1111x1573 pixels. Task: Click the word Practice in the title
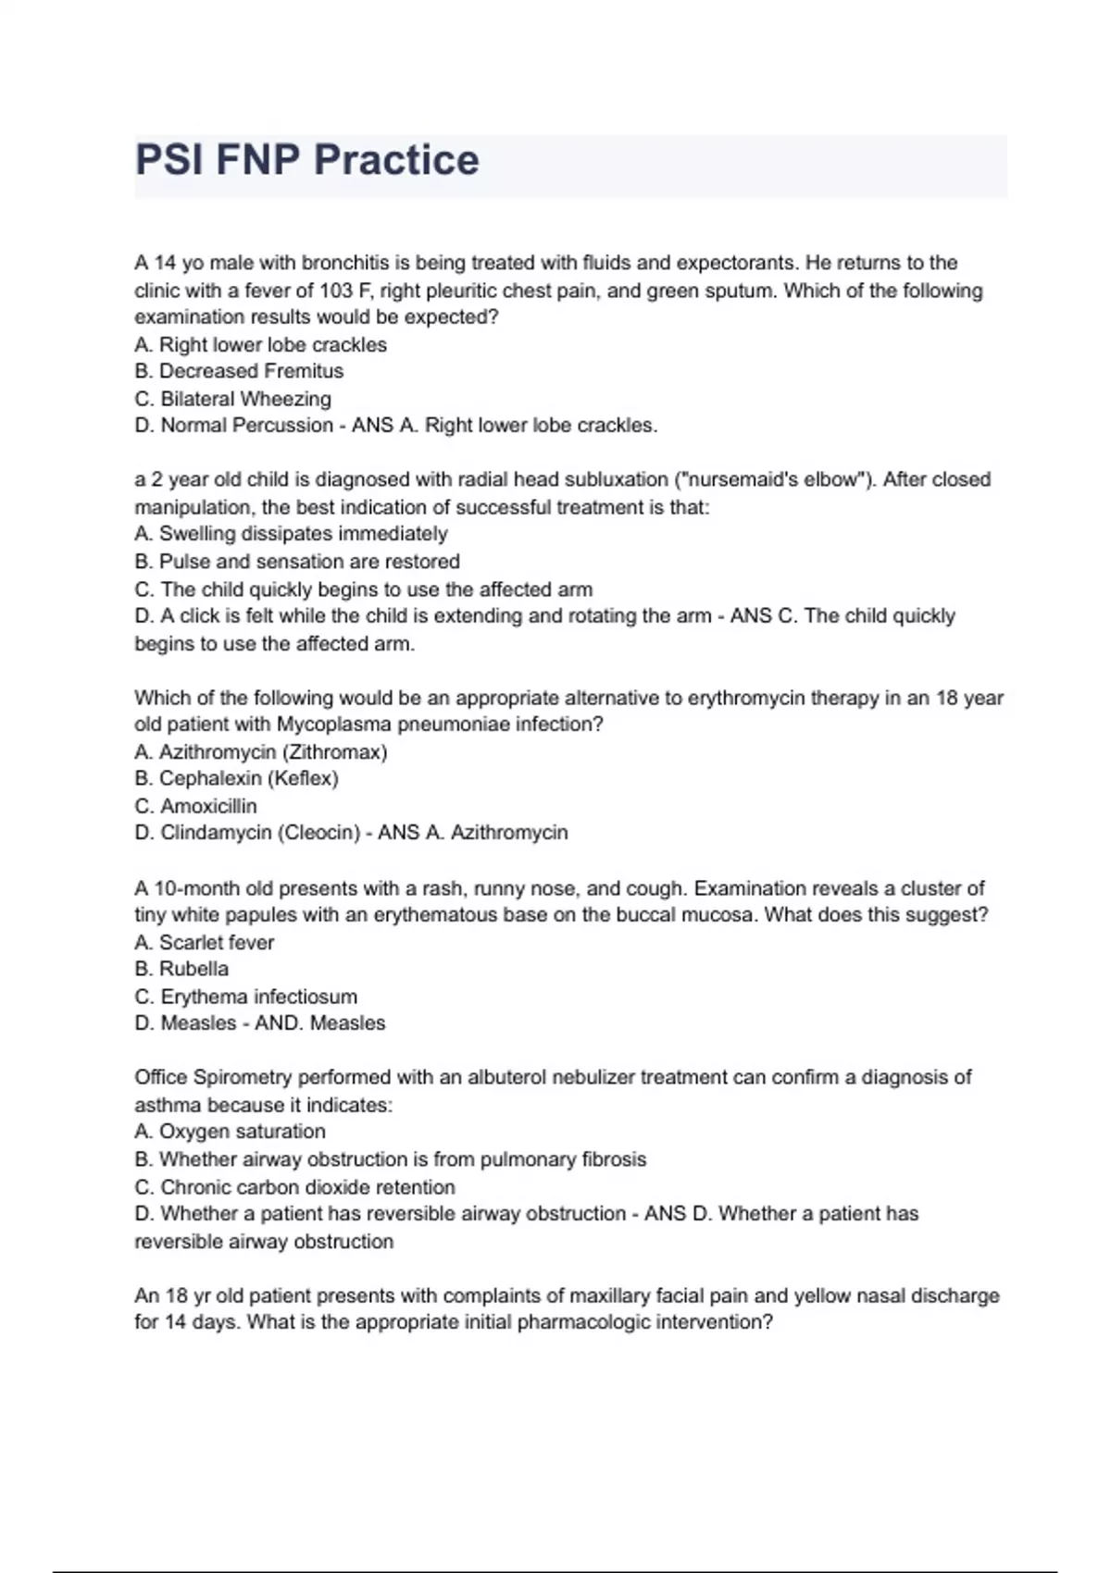pos(396,160)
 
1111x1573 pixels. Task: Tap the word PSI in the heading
pos(169,160)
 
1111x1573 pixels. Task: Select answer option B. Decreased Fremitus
pos(239,371)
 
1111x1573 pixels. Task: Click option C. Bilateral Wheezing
pos(232,399)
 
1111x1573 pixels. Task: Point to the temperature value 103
pos(335,291)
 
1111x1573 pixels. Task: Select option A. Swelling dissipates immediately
pos(291,534)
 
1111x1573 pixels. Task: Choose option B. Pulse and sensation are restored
pos(296,562)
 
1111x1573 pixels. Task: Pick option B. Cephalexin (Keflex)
pos(236,778)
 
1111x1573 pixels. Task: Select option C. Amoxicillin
pos(195,806)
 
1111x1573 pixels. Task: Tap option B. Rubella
pos(181,969)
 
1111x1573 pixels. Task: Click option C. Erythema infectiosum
pos(245,997)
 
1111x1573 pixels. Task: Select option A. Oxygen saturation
pos(230,1131)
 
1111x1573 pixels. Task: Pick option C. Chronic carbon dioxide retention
pos(294,1187)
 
